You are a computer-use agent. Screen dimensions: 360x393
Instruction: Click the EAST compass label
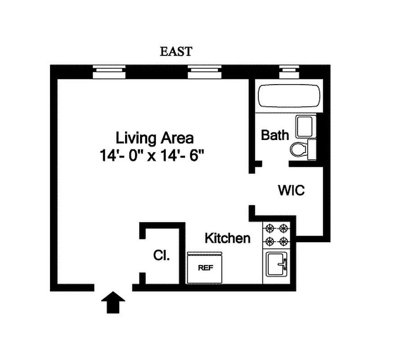point(176,51)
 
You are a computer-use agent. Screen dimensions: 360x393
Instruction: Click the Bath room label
point(275,135)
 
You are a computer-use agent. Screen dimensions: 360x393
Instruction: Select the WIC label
point(291,190)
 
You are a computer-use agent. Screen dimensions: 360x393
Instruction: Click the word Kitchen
point(227,238)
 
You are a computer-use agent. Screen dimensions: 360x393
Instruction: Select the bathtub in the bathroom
point(289,95)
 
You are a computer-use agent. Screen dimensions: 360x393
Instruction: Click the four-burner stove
point(277,235)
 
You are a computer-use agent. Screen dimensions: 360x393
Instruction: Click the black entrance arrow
point(113,302)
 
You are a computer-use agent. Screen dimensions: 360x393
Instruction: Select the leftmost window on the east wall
point(109,72)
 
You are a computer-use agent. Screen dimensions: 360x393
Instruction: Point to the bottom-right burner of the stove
point(284,242)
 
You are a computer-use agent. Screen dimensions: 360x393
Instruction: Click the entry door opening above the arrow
point(113,287)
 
